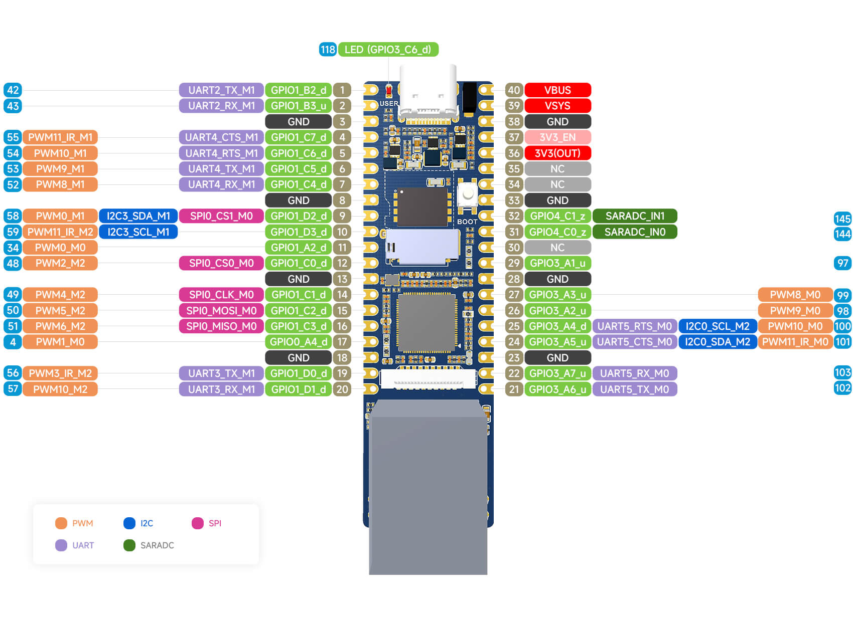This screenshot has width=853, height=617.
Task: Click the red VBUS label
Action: click(557, 90)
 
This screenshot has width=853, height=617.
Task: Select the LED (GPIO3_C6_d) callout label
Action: click(388, 50)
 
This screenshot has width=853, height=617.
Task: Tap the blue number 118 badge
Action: click(328, 50)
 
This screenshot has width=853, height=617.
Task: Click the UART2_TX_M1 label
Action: click(221, 90)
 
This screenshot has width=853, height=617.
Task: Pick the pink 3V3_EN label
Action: click(557, 137)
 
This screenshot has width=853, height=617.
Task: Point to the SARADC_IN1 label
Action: click(635, 216)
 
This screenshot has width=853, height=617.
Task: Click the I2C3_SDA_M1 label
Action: click(138, 216)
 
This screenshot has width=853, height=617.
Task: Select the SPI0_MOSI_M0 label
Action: click(221, 311)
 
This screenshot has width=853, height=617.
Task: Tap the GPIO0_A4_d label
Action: click(298, 342)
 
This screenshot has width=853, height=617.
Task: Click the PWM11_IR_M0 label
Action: click(795, 342)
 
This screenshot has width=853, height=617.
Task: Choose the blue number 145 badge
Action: click(842, 219)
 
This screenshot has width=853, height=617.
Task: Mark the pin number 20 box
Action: click(342, 389)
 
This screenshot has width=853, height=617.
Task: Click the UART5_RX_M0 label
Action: click(635, 373)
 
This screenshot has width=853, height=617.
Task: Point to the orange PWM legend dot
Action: click(61, 523)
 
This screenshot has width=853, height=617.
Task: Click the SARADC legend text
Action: click(157, 545)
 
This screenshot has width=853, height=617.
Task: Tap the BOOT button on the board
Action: click(468, 194)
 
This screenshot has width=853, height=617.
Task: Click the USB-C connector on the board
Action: click(428, 95)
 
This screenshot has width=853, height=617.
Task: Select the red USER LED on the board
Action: click(388, 91)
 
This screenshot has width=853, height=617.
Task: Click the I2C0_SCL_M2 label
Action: click(718, 326)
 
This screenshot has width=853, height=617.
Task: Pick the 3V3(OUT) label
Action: click(557, 153)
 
